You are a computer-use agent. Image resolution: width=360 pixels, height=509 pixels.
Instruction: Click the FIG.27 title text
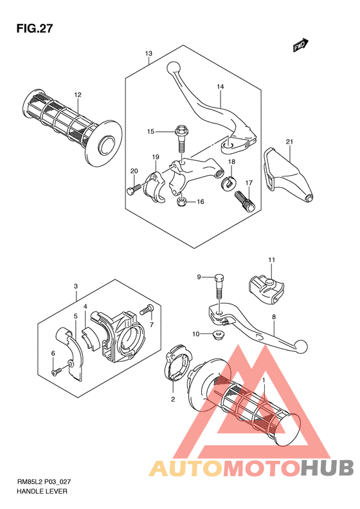(x=35, y=29)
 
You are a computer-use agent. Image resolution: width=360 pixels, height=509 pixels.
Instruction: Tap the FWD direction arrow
(x=301, y=46)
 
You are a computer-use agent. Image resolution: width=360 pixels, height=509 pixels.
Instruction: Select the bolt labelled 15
(x=181, y=138)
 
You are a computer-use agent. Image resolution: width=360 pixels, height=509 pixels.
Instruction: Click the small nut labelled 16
(x=182, y=202)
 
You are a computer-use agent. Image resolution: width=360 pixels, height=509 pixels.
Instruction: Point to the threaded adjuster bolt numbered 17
(x=244, y=201)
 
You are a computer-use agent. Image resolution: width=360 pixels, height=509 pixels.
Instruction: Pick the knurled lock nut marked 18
(x=229, y=183)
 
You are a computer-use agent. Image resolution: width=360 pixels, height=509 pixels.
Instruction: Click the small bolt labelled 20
(x=134, y=189)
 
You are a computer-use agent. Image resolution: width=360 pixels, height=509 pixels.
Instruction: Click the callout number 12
(x=78, y=95)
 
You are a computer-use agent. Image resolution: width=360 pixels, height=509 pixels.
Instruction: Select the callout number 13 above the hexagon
(x=148, y=53)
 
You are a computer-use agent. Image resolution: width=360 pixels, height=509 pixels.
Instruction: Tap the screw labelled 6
(x=57, y=372)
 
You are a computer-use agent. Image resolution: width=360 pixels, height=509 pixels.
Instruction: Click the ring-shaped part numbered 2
(x=177, y=362)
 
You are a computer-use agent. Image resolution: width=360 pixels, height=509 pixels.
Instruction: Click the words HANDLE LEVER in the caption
(x=42, y=491)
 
